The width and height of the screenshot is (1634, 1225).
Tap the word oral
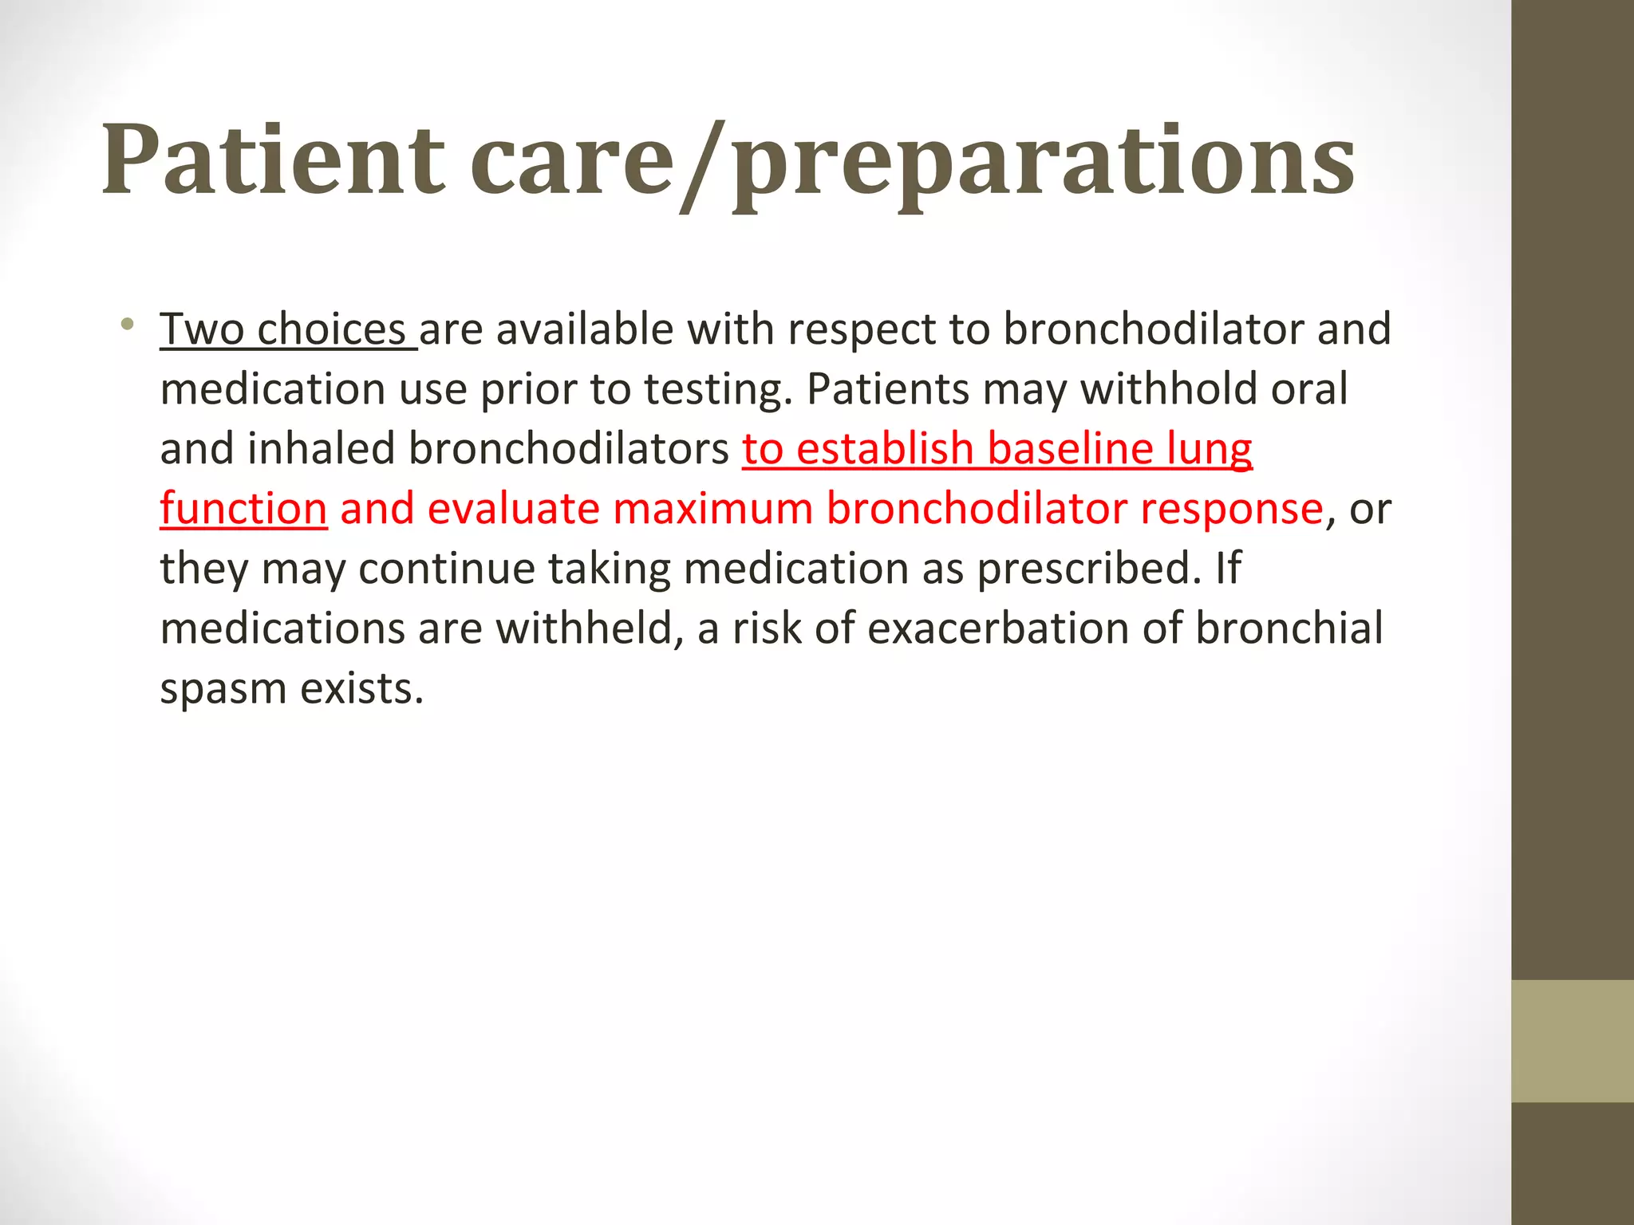[1309, 389]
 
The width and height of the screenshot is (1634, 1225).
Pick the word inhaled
[321, 449]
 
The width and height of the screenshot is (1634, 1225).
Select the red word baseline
[1070, 449]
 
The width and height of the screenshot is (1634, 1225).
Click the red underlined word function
[243, 509]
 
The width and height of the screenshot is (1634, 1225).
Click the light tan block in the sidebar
[1572, 1041]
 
